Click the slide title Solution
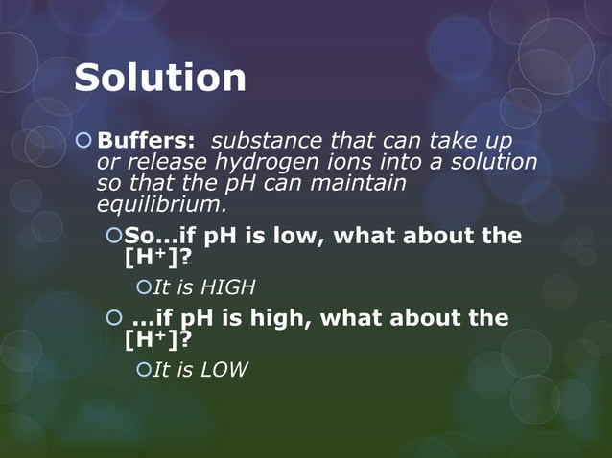(160, 78)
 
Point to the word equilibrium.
(161, 204)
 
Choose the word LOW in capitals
(224, 370)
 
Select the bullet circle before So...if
(114, 235)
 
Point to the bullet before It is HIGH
(144, 286)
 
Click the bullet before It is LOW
(144, 369)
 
